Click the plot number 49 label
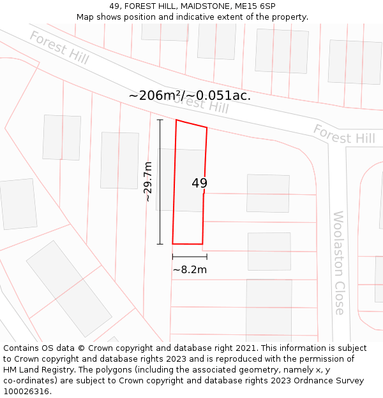[199, 183]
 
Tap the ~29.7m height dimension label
[148, 181]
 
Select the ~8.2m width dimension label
[190, 269]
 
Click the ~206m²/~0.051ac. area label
[190, 96]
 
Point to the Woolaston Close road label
[338, 262]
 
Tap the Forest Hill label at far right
[344, 134]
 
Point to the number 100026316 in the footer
[26, 391]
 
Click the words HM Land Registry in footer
[36, 370]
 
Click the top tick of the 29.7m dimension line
[160, 120]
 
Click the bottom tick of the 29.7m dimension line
[160, 244]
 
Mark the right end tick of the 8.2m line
[207, 257]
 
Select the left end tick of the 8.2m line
[172, 257]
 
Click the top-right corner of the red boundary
[207, 127]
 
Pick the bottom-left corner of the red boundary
[172, 243]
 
